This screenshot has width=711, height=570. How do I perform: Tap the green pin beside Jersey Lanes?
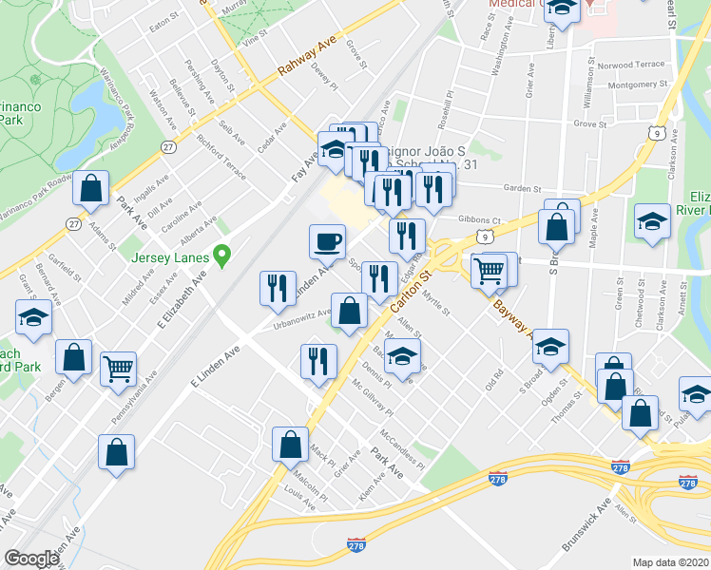click(x=223, y=255)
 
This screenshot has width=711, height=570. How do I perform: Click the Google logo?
click(x=32, y=558)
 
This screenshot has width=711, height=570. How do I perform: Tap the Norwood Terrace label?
click(x=636, y=65)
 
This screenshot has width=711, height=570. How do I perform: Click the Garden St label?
click(x=522, y=188)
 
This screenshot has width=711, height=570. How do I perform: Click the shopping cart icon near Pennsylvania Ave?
click(x=118, y=369)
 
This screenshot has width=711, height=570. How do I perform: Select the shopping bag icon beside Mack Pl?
click(x=290, y=444)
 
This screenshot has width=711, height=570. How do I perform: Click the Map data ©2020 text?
click(x=670, y=562)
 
